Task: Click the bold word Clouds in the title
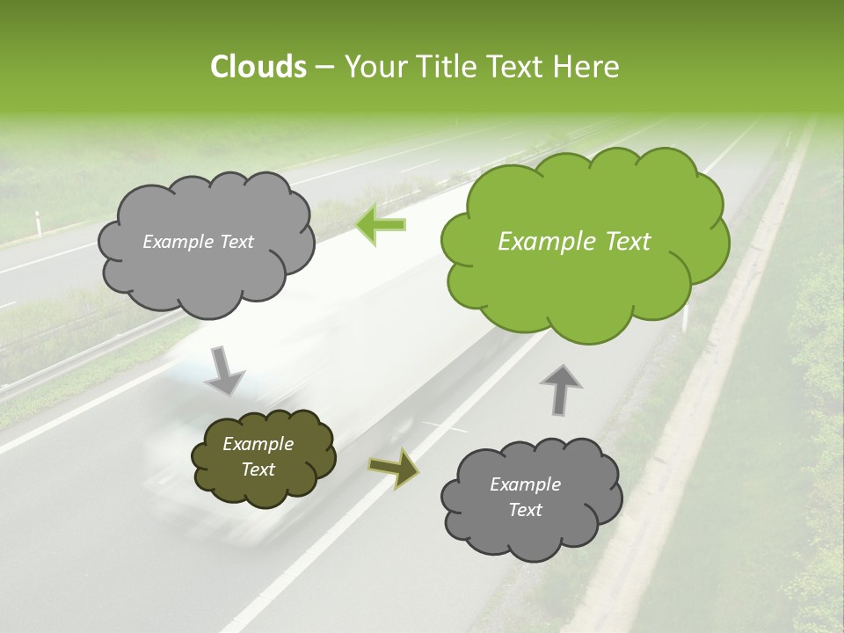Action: pyautogui.click(x=258, y=67)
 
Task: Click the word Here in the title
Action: pyautogui.click(x=588, y=67)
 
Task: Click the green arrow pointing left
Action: pyautogui.click(x=381, y=224)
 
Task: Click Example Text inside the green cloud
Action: pyautogui.click(x=574, y=242)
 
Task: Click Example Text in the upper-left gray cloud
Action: pyautogui.click(x=198, y=242)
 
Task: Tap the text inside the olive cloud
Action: pyautogui.click(x=258, y=457)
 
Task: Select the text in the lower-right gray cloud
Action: pyautogui.click(x=525, y=497)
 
